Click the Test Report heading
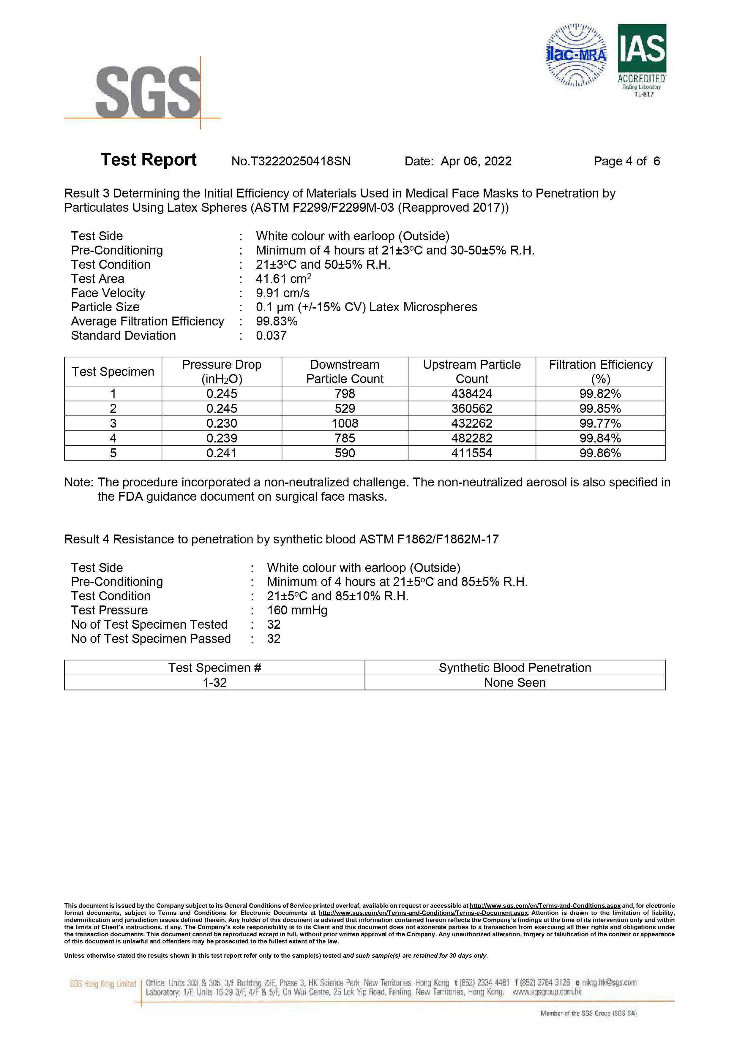click(149, 160)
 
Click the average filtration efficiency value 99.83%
click(277, 321)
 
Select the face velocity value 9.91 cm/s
click(283, 293)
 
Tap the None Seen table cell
click(515, 683)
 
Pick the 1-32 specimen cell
click(214, 683)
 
